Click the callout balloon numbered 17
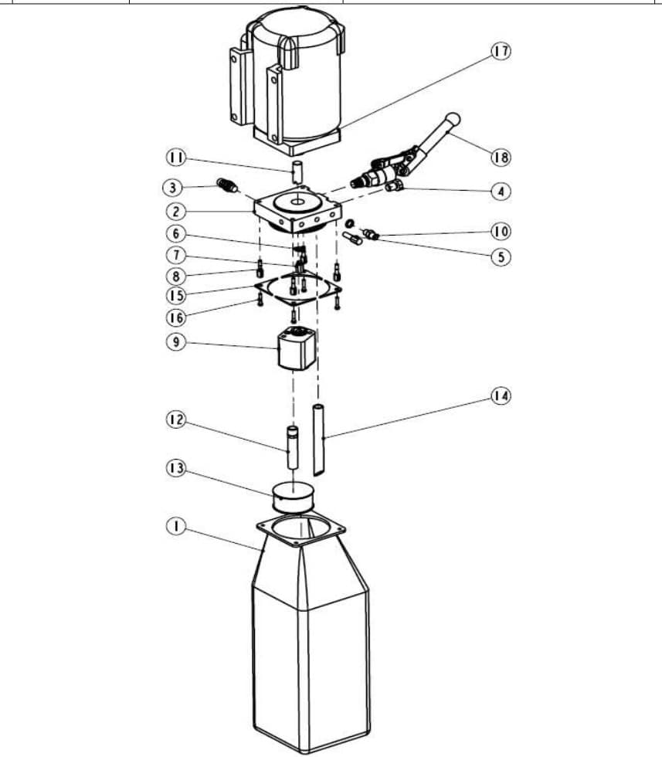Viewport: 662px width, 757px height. tap(501, 51)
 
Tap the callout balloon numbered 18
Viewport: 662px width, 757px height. tap(501, 157)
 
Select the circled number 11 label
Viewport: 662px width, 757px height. tap(176, 158)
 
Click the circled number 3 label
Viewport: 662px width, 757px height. tap(173, 187)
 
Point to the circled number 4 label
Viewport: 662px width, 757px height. tap(501, 192)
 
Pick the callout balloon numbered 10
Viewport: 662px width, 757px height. tap(501, 232)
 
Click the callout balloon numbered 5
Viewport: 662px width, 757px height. tap(501, 256)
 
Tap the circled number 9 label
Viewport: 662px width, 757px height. tap(176, 342)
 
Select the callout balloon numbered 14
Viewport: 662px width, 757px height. tap(501, 396)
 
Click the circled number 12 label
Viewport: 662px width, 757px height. tap(176, 419)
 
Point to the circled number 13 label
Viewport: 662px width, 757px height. tap(176, 468)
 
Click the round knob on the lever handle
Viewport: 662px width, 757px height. tap(453, 119)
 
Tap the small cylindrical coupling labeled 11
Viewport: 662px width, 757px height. tap(297, 171)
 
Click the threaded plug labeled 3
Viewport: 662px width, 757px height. tap(227, 185)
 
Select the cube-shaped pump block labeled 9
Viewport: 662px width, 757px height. tap(297, 348)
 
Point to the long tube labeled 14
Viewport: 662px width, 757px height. tap(319, 440)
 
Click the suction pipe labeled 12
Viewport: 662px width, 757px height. tap(293, 447)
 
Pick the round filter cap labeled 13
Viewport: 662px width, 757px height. tap(294, 497)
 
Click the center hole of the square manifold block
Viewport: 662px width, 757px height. tap(297, 200)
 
